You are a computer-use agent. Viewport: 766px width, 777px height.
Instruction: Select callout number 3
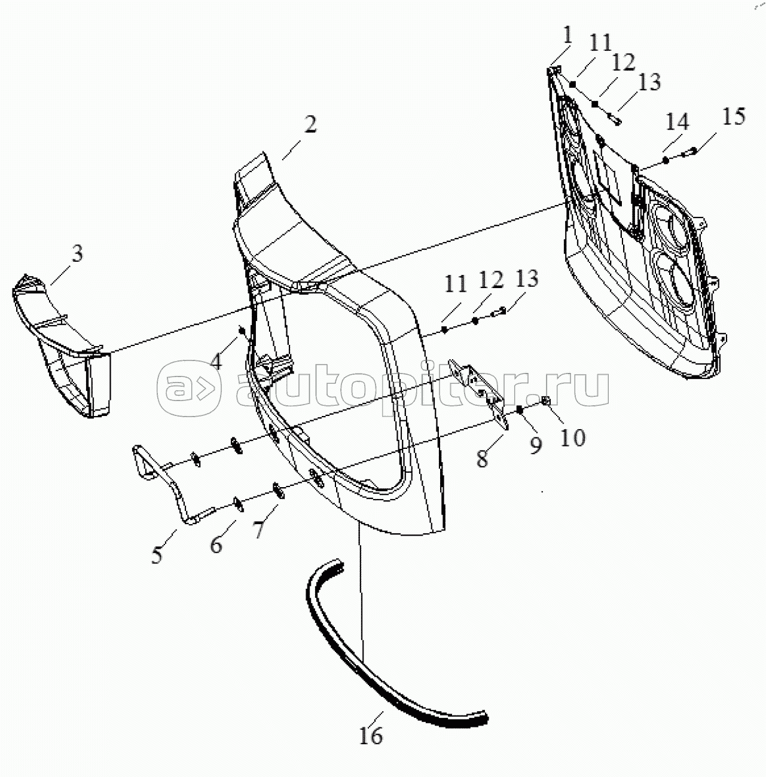pos(77,253)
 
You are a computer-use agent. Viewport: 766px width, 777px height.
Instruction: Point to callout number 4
pos(216,361)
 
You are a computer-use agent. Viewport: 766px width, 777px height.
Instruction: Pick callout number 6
pos(216,545)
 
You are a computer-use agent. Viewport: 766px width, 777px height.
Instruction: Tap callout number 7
pos(259,529)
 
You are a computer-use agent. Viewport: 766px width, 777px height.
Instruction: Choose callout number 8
pos(483,458)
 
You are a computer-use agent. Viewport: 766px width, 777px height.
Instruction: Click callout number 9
pos(536,445)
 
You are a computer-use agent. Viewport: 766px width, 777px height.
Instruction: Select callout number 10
pos(573,437)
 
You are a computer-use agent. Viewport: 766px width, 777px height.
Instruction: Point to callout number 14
pos(677,121)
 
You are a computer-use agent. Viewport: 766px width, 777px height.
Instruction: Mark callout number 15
pos(733,116)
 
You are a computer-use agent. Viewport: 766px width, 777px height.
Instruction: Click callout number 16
pos(371,736)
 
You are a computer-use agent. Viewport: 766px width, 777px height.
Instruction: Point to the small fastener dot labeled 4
pos(242,331)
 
